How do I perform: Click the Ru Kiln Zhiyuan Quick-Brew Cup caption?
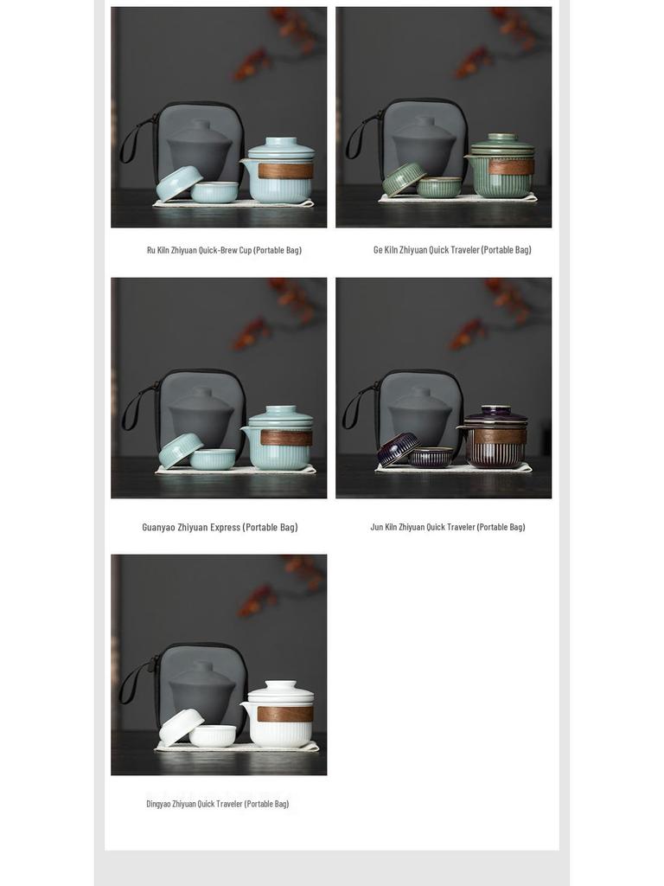click(224, 250)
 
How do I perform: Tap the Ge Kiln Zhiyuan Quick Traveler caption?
click(451, 249)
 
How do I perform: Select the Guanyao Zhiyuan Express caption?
click(220, 527)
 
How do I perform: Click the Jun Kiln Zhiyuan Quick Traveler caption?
click(447, 527)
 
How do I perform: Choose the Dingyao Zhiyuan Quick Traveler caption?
click(217, 804)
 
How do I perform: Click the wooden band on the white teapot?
click(284, 714)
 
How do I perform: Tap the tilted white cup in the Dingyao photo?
click(180, 726)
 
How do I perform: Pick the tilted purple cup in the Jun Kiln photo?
click(397, 450)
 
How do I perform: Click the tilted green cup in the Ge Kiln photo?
click(403, 179)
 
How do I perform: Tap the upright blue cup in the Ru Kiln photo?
click(214, 192)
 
